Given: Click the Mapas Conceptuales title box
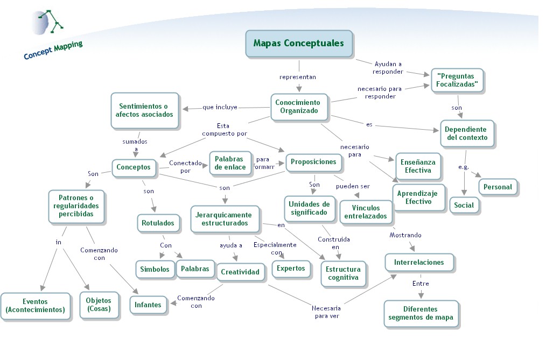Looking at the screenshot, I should [298, 43].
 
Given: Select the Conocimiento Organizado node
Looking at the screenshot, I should [298, 107].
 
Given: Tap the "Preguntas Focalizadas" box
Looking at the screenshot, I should [457, 81].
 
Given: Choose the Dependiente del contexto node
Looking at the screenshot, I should [466, 133].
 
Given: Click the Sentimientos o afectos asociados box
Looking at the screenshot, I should [143, 110].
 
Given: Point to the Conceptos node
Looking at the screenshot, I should [134, 167].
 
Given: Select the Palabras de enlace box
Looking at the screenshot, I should [230, 163].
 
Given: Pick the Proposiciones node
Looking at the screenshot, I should [313, 162].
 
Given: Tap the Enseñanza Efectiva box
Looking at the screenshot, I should [418, 166].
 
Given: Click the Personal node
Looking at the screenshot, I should [498, 187].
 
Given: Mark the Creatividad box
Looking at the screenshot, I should [240, 272].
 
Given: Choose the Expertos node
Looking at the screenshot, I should [291, 268].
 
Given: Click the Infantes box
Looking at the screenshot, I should [148, 305].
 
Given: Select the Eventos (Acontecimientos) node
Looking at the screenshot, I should [35, 306].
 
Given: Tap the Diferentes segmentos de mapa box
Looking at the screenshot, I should [421, 313].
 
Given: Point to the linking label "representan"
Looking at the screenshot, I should [297, 77].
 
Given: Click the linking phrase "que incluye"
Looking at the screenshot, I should [220, 107].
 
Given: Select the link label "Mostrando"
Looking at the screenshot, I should [405, 235].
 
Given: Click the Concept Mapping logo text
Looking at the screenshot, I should [53, 50].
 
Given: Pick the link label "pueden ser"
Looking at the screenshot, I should [353, 186].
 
